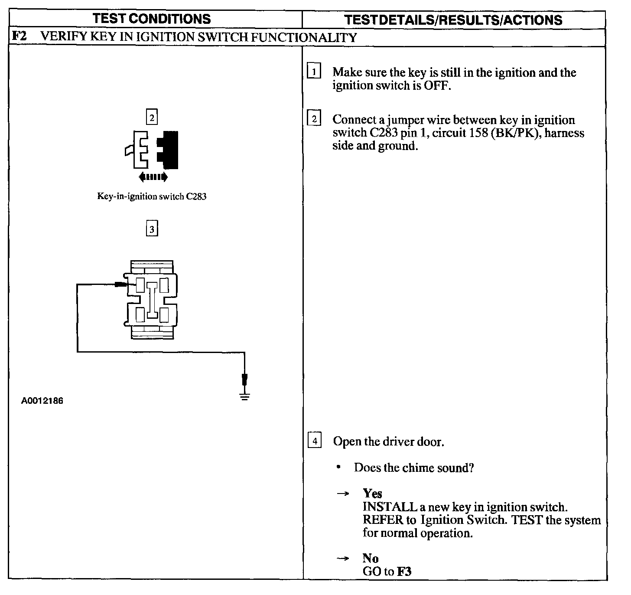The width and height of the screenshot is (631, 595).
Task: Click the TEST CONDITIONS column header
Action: coord(152,19)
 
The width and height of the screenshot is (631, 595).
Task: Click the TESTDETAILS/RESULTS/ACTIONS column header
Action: coord(453,20)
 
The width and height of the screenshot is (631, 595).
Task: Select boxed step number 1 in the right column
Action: coord(314,71)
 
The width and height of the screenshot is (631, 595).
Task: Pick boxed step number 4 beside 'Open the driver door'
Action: coord(314,441)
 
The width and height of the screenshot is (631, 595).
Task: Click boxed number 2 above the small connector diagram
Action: coord(152,117)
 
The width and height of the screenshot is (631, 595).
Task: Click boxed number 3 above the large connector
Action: coord(152,229)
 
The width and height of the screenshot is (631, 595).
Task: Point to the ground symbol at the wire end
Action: coord(245,396)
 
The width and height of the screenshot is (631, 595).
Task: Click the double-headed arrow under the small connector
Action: coord(153,177)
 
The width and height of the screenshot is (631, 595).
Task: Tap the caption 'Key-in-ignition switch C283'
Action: coord(152,196)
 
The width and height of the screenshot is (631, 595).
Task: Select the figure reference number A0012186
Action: coord(42,401)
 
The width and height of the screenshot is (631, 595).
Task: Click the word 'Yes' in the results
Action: coord(372,494)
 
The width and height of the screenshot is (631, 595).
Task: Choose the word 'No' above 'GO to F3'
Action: coord(370,558)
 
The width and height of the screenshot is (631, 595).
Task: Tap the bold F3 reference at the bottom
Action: coord(404,572)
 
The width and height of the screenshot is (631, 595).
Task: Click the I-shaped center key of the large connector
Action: coord(152,300)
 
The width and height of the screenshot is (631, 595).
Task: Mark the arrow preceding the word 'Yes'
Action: coord(343,494)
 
